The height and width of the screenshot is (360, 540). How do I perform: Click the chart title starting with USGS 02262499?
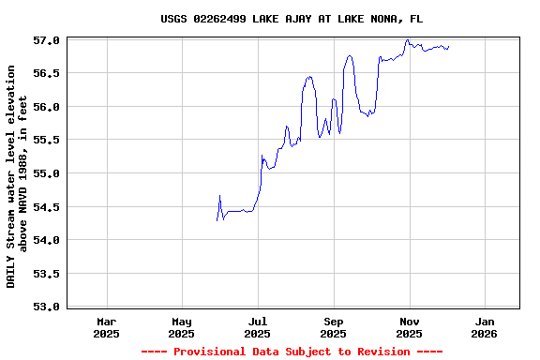(292, 19)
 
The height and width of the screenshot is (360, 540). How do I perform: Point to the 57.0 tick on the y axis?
(47, 40)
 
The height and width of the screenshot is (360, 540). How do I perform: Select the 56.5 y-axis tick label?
(47, 73)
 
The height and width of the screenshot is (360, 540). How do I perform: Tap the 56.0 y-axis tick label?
(47, 107)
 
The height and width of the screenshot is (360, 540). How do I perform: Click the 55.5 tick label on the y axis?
(47, 140)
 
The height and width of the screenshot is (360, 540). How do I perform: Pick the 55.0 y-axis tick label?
(47, 173)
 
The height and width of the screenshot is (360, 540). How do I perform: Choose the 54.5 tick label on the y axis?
(47, 207)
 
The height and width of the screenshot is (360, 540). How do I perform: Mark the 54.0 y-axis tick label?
(47, 240)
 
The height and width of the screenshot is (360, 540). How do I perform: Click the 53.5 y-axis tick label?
(47, 274)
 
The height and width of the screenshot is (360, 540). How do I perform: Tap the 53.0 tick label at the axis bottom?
(47, 307)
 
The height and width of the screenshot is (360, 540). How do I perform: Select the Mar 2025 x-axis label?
(106, 326)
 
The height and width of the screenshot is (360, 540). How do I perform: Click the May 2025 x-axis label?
(182, 326)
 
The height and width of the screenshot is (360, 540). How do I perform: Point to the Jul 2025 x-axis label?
(258, 326)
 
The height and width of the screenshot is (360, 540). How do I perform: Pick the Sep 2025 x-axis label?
(333, 326)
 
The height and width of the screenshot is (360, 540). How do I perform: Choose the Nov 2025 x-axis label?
(409, 326)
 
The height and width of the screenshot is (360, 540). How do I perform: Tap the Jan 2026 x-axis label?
(485, 326)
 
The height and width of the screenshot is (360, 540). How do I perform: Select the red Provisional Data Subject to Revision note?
(292, 352)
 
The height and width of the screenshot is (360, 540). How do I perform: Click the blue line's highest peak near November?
(407, 40)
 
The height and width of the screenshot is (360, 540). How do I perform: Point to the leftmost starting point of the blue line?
(217, 220)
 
